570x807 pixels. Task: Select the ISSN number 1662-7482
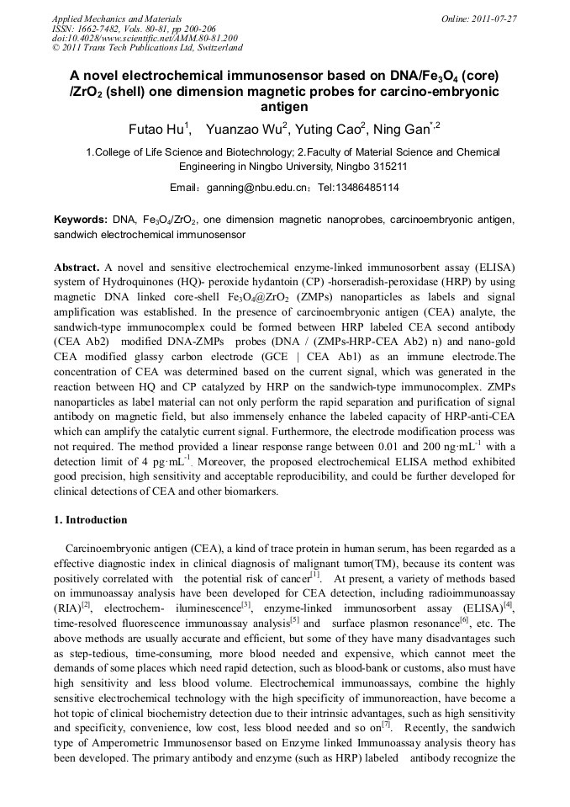[104, 28]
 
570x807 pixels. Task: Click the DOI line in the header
[145, 38]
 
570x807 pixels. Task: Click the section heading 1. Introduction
[91, 519]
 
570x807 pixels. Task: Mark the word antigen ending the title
[284, 108]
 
